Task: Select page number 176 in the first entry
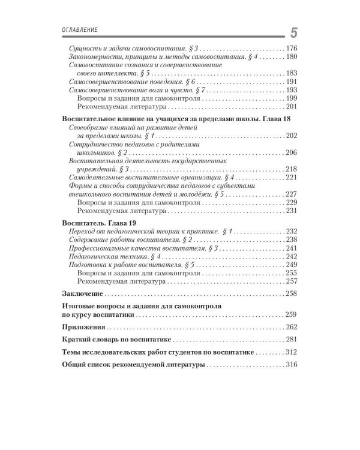(x=292, y=48)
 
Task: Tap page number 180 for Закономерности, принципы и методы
(x=292, y=56)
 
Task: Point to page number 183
(x=292, y=73)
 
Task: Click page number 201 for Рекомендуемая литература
(x=292, y=107)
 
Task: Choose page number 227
(x=292, y=194)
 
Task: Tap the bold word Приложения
(x=84, y=327)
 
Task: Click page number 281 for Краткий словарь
(x=292, y=340)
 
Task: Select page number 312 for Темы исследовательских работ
(x=292, y=352)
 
